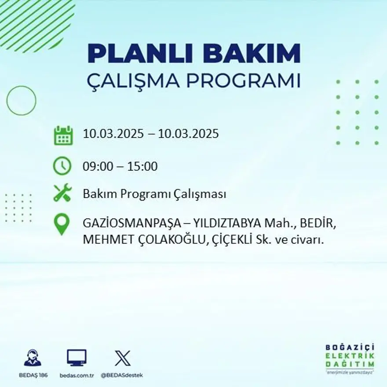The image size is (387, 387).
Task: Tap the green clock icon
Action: click(62, 166)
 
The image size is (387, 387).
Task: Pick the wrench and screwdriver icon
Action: click(62, 193)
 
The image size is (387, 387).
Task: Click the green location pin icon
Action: click(62, 224)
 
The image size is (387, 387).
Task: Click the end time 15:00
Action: click(142, 167)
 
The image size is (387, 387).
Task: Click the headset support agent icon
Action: click(33, 358)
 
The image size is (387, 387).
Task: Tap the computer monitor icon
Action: click(77, 358)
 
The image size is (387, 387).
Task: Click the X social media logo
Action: click(122, 358)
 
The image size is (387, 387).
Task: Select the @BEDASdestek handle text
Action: click(122, 375)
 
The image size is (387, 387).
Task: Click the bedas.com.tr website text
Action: click(77, 375)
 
